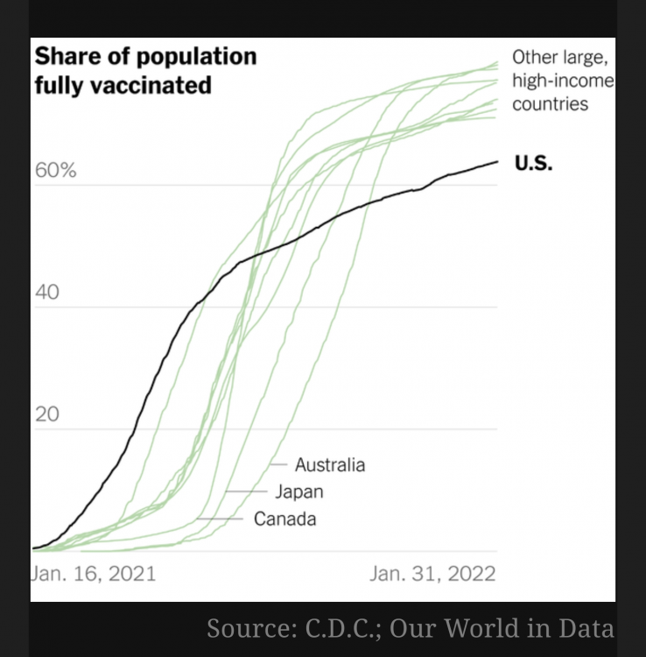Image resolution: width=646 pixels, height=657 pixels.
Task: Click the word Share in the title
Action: pyautogui.click(x=64, y=57)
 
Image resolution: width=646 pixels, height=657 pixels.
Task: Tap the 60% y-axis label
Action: pyautogui.click(x=56, y=170)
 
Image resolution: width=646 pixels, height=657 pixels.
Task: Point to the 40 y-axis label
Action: pyautogui.click(x=47, y=292)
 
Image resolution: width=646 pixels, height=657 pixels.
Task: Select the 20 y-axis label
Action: pyautogui.click(x=46, y=413)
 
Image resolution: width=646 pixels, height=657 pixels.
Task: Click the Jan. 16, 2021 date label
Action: pyautogui.click(x=93, y=574)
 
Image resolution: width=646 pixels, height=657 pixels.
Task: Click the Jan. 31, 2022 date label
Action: pyautogui.click(x=432, y=574)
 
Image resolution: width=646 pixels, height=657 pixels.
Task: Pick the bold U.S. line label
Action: pyautogui.click(x=533, y=163)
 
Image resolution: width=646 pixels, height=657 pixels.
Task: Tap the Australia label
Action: pyautogui.click(x=330, y=464)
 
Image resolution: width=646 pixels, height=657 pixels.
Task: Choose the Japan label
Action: pyautogui.click(x=299, y=491)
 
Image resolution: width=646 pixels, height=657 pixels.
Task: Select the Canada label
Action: pyautogui.click(x=284, y=519)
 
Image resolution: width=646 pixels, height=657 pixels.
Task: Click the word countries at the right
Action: pyautogui.click(x=550, y=104)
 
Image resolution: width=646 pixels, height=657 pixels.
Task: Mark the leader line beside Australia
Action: pyautogui.click(x=279, y=464)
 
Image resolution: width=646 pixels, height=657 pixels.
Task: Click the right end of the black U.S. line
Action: pyautogui.click(x=497, y=161)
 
